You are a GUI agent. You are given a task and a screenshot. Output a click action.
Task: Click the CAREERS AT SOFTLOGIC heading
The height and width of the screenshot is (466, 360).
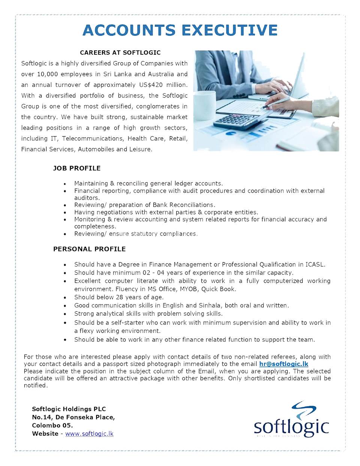click(x=120, y=53)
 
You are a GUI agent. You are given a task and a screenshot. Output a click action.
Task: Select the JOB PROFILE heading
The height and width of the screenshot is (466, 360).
click(x=77, y=168)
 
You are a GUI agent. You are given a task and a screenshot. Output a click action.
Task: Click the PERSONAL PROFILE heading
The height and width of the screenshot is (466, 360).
click(x=89, y=249)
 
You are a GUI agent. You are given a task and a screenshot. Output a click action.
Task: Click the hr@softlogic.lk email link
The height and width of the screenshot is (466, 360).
click(x=283, y=364)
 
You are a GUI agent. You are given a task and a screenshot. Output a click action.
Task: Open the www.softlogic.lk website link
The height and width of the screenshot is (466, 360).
click(x=89, y=433)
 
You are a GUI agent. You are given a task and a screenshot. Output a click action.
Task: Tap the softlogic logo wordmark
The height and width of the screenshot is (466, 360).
click(x=291, y=427)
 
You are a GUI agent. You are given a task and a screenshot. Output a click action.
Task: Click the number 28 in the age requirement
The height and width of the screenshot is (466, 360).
click(x=120, y=297)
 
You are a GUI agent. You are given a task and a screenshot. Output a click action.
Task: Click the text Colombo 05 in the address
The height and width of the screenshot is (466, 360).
click(x=52, y=425)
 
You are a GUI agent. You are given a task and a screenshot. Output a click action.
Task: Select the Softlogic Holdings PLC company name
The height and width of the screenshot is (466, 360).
click(x=69, y=409)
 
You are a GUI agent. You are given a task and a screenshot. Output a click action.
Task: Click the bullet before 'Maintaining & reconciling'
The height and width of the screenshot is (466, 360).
click(x=65, y=184)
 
